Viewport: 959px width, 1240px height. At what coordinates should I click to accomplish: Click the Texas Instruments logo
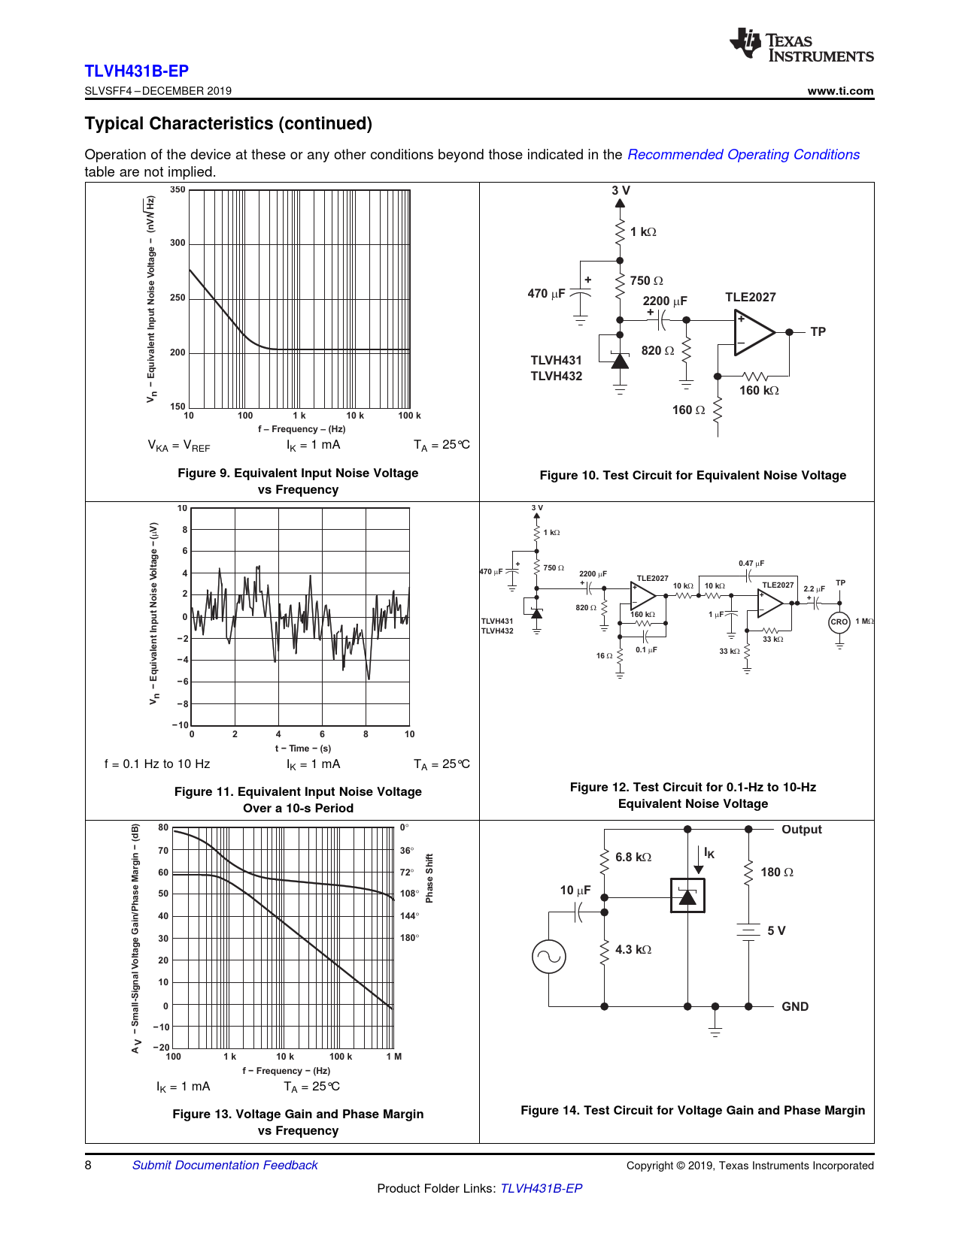tap(800, 46)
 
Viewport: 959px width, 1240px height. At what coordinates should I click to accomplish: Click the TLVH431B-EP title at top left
tap(136, 71)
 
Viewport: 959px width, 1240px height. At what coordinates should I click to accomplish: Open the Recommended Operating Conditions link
tap(743, 155)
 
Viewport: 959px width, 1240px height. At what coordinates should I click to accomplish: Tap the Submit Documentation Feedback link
tap(225, 1165)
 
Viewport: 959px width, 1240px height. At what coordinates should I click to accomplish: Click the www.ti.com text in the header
tap(840, 91)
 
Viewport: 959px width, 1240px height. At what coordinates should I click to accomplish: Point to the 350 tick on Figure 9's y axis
tap(178, 190)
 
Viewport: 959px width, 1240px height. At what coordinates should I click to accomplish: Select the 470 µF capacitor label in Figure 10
tap(546, 294)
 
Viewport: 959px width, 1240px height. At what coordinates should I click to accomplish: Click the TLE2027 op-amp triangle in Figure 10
tap(753, 332)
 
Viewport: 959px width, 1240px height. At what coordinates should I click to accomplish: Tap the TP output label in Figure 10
tap(818, 332)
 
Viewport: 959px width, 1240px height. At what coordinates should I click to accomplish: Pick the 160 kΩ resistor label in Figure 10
tap(759, 391)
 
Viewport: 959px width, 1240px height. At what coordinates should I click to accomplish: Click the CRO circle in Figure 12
tap(839, 622)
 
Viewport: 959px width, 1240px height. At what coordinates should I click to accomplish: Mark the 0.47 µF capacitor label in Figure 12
tap(751, 564)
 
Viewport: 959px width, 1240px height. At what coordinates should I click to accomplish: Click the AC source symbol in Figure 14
tap(548, 957)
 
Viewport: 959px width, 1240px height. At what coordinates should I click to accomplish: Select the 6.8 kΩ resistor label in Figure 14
tap(633, 857)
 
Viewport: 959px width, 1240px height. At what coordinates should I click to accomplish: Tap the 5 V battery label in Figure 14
tap(776, 931)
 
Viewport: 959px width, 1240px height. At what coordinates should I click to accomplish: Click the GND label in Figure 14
tap(795, 1007)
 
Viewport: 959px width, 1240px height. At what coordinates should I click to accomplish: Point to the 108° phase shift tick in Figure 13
tap(408, 894)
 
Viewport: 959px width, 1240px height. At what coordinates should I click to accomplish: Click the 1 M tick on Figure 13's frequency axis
tap(394, 1057)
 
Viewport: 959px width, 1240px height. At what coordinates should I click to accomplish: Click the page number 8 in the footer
tap(88, 1165)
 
